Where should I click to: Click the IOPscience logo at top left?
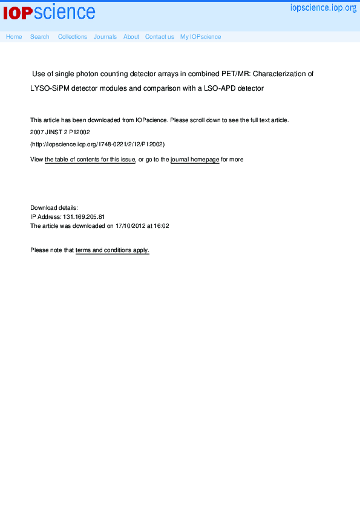pyautogui.click(x=49, y=12)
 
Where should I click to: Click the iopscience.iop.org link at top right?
pyautogui.click(x=323, y=8)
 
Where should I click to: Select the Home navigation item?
pyautogui.click(x=14, y=37)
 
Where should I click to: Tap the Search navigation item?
pyautogui.click(x=40, y=37)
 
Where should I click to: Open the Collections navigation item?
pyautogui.click(x=73, y=37)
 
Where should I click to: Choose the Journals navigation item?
pyautogui.click(x=105, y=37)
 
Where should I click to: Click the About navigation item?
pyautogui.click(x=131, y=37)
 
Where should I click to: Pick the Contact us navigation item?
pyautogui.click(x=160, y=37)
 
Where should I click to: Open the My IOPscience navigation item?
pyautogui.click(x=201, y=37)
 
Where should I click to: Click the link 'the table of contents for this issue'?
pyautogui.click(x=90, y=160)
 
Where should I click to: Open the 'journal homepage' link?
pyautogui.click(x=195, y=160)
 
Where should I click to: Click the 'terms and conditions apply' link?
pyautogui.click(x=113, y=250)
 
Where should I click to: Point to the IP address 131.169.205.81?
pyautogui.click(x=84, y=216)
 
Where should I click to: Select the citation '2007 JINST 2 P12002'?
pyautogui.click(x=60, y=132)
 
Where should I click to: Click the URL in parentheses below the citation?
pyautogui.click(x=97, y=144)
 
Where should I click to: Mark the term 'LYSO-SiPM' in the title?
pyautogui.click(x=50, y=88)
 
